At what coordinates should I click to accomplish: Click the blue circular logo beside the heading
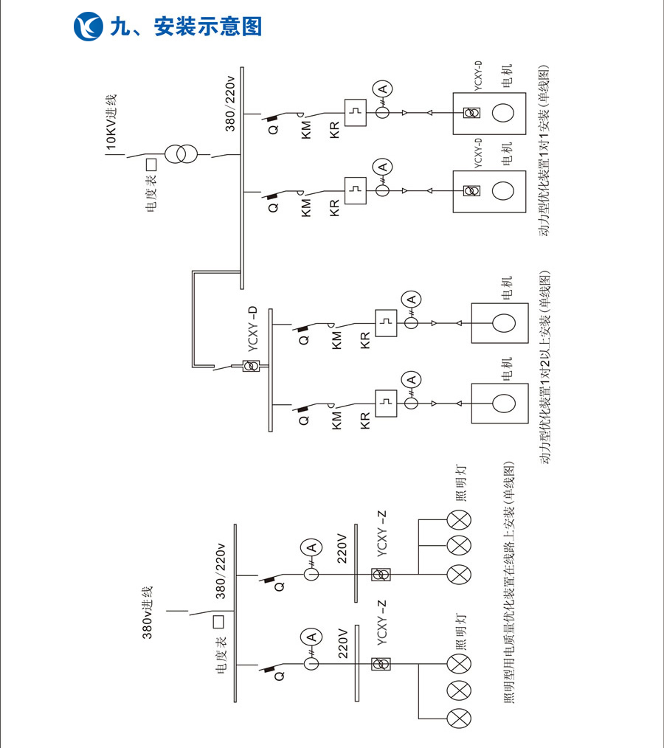coord(89,27)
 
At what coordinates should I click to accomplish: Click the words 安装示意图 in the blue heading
coord(208,27)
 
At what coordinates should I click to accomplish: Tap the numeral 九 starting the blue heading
coord(121,27)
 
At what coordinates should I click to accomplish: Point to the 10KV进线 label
coord(111,122)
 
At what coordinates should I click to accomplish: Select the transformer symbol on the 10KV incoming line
coord(181,154)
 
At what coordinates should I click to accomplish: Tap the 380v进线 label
coord(147,613)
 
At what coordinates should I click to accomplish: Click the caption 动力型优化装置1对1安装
coord(544,150)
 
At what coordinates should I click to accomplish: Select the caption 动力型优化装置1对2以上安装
coord(544,367)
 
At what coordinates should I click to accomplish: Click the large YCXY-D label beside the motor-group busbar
coord(253,329)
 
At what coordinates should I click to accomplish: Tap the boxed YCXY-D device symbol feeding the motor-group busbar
coord(252,367)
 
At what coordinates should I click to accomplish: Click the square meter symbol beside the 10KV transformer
coord(151,165)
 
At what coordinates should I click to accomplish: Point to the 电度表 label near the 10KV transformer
coord(151,193)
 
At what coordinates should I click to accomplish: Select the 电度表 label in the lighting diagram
coord(221,654)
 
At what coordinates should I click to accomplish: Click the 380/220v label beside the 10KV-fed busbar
coord(230,103)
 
